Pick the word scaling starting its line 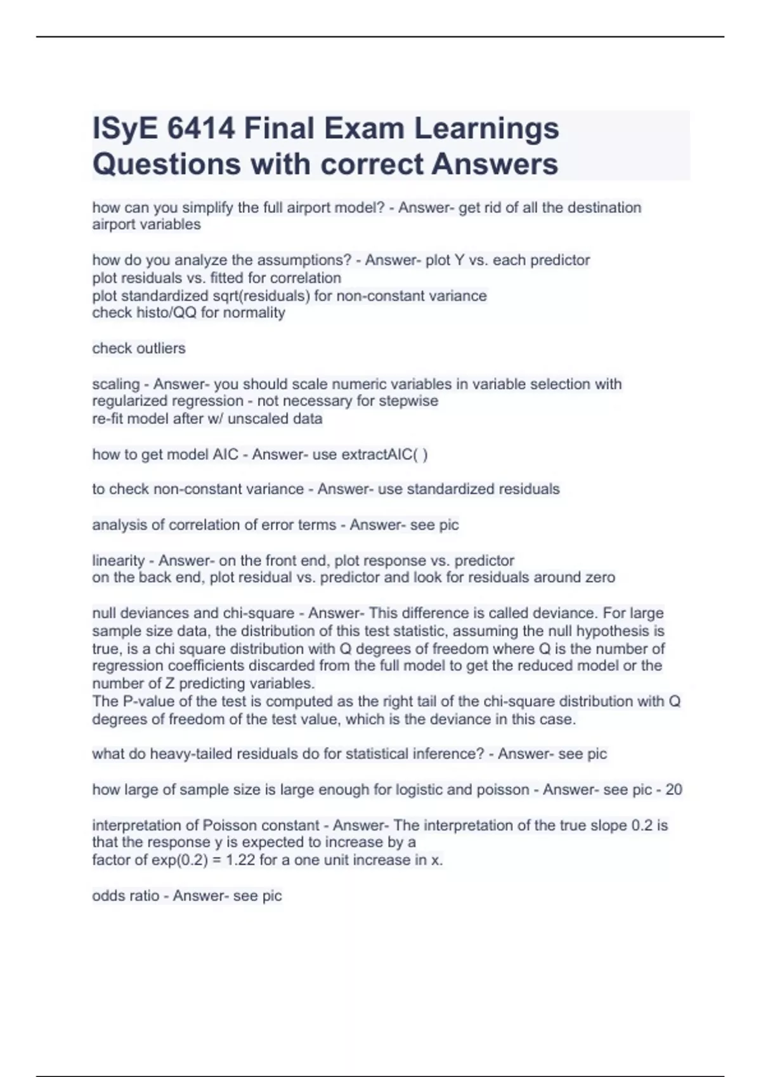[x=116, y=385]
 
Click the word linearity [x=119, y=561]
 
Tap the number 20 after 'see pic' [x=673, y=790]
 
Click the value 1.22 [x=242, y=860]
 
